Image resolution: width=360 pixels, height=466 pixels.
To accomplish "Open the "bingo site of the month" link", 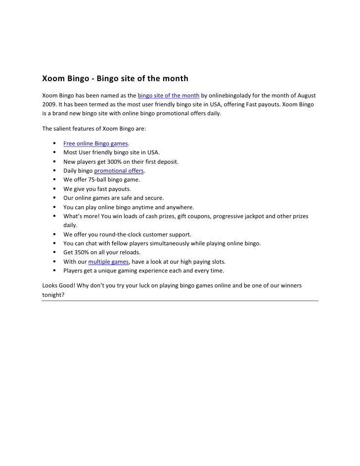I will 168,95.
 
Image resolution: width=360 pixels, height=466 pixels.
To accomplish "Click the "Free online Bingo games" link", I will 95,143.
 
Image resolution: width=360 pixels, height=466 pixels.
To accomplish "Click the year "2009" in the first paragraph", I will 48,104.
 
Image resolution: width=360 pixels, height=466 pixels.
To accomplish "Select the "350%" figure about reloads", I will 82,253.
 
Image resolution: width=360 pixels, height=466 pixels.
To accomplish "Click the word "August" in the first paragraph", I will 306,95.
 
